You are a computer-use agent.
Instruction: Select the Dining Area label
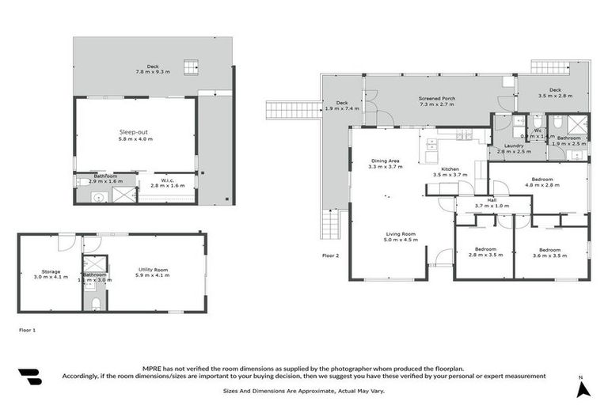[x=387, y=161]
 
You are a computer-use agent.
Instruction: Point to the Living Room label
[x=401, y=234]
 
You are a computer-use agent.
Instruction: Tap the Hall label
[x=492, y=200]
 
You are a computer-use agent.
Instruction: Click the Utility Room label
[x=151, y=270]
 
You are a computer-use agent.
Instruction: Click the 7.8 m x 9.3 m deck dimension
[x=153, y=72]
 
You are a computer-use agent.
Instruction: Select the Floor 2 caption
[x=330, y=255]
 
